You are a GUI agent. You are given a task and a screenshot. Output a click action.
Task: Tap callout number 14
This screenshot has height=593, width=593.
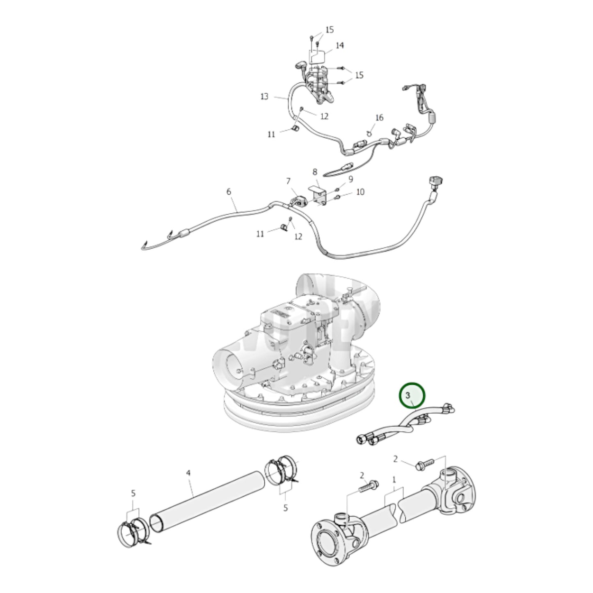click(x=340, y=46)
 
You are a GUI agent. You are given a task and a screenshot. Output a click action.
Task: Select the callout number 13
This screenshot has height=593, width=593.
click(x=264, y=97)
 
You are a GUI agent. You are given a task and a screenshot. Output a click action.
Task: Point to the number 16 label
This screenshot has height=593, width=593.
click(x=379, y=118)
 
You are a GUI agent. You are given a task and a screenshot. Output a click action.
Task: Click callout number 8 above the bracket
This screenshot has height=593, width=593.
click(x=315, y=172)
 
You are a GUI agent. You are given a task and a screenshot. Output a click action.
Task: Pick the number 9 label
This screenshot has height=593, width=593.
click(x=350, y=179)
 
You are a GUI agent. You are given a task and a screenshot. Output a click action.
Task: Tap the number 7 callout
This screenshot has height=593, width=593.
click(x=288, y=181)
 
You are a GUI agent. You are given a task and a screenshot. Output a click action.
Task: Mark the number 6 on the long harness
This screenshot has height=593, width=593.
click(x=229, y=192)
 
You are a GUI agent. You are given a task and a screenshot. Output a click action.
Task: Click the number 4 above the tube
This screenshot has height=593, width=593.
click(x=188, y=473)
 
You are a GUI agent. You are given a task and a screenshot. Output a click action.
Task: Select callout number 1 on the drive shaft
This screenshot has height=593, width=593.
click(x=394, y=479)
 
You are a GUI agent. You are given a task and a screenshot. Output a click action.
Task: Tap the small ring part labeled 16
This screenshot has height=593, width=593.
click(x=369, y=132)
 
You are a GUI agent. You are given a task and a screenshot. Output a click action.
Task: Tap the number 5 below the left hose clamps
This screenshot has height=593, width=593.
click(x=133, y=493)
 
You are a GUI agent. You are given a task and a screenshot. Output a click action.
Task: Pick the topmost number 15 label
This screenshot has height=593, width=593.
click(x=330, y=30)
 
